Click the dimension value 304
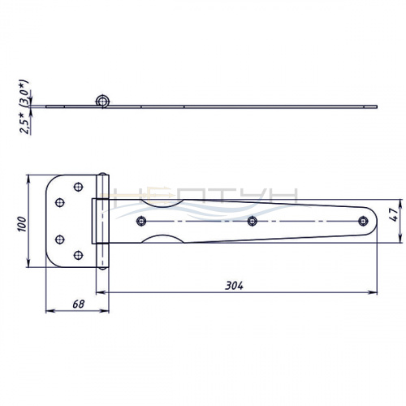[x=235, y=286]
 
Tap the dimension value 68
[x=79, y=304]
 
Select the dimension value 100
[x=22, y=224]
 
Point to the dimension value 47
[x=395, y=214]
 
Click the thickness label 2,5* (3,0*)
[x=24, y=107]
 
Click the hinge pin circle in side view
[x=102, y=101]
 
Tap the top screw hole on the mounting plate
[x=78, y=187]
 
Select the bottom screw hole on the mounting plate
[x=78, y=255]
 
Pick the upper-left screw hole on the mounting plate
[x=60, y=202]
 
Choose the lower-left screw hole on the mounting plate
[x=60, y=240]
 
